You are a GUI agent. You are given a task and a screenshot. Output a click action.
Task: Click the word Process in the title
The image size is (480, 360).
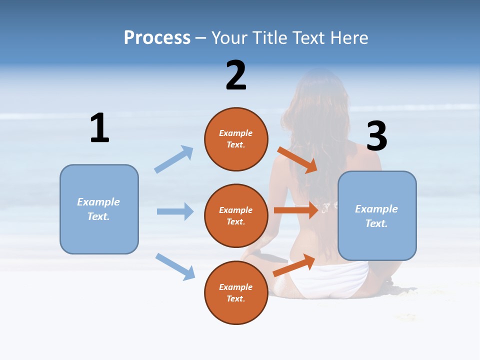[157, 38]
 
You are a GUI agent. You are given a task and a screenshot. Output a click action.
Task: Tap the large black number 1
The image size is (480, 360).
[99, 128]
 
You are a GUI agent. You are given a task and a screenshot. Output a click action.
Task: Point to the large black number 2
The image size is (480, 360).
[236, 75]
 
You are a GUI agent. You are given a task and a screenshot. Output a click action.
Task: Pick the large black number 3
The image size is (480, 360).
[376, 136]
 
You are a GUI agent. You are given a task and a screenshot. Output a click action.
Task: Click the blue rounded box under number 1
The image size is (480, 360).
[99, 209]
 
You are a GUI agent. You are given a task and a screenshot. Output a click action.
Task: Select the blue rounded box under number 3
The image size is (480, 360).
[377, 216]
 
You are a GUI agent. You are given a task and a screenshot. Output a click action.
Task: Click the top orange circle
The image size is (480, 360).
[236, 139]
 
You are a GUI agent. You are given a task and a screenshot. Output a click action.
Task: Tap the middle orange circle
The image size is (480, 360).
[236, 216]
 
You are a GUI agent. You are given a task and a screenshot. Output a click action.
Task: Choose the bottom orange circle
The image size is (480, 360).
[236, 293]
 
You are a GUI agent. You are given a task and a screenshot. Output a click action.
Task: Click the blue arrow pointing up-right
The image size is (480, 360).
[174, 159]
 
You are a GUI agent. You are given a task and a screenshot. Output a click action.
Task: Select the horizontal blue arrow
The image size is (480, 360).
[175, 211]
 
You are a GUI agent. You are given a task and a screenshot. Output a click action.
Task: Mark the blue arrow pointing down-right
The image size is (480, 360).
[175, 266]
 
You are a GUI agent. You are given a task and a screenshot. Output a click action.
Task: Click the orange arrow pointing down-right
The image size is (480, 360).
[297, 160]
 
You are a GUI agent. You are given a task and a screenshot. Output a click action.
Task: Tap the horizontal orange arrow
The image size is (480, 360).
[295, 210]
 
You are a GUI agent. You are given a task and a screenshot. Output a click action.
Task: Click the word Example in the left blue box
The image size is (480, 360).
[98, 202]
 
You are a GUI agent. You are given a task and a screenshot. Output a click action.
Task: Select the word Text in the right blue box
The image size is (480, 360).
[376, 223]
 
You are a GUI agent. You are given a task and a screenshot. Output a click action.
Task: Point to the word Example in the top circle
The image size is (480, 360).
[236, 133]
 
